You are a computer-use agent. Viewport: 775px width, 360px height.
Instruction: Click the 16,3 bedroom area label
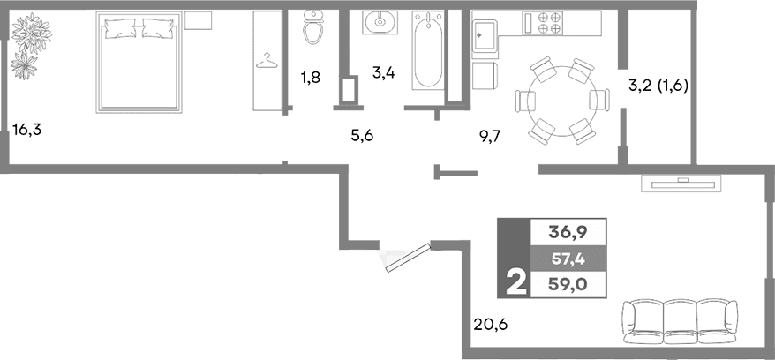(27, 131)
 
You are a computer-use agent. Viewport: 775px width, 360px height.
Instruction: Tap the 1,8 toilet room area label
(310, 78)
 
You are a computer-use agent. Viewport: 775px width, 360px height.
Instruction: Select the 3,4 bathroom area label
(382, 72)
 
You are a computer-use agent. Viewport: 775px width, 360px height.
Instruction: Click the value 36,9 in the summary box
(568, 232)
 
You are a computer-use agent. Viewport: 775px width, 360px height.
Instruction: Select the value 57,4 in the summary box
(568, 258)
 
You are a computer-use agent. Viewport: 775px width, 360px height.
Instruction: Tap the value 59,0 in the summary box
(568, 283)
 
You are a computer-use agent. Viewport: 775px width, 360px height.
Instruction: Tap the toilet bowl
(312, 29)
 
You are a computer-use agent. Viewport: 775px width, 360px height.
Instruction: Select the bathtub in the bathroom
(427, 51)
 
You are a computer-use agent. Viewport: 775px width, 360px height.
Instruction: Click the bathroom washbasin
(381, 21)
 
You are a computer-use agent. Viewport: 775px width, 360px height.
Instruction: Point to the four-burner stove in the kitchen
(545, 22)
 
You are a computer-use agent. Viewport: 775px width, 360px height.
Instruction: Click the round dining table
(560, 101)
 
